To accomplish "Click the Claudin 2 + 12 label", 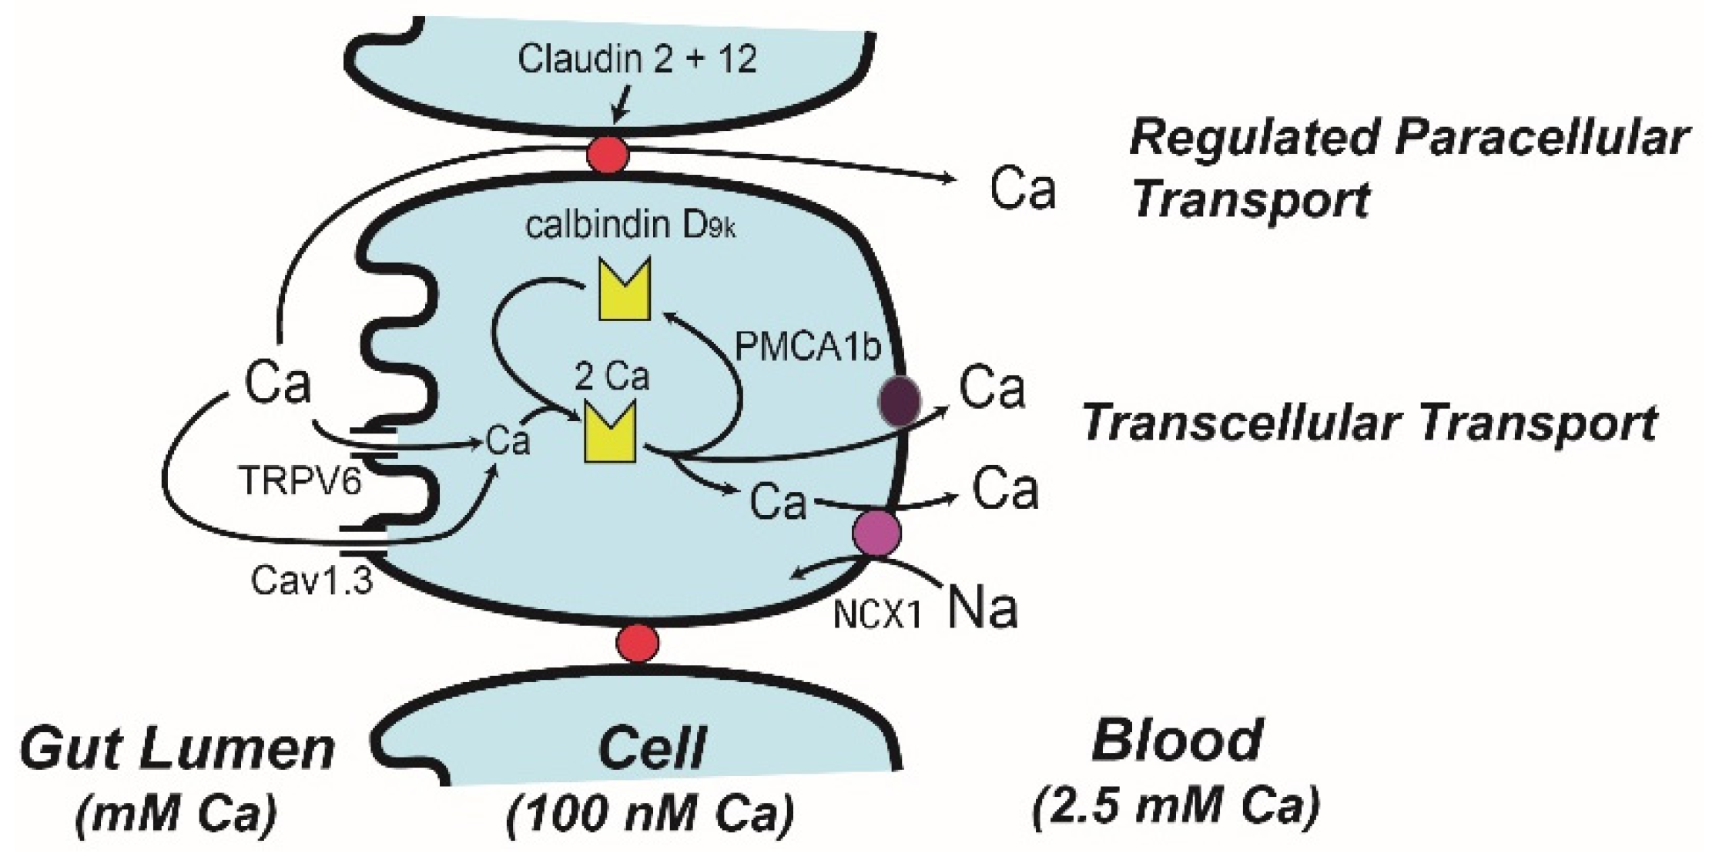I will (x=637, y=59).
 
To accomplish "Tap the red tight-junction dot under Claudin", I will (x=608, y=156).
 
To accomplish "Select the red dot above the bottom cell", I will (x=638, y=642).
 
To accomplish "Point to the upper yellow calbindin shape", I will (x=625, y=289).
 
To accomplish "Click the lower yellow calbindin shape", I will (x=610, y=433).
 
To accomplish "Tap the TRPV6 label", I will (x=300, y=482).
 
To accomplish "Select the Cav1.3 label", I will (x=312, y=580).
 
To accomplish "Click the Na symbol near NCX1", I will (x=983, y=607).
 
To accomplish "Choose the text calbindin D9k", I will (x=630, y=226).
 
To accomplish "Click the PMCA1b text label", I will (x=806, y=347).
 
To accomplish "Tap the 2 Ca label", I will (x=612, y=377).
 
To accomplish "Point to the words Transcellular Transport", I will (x=1369, y=423).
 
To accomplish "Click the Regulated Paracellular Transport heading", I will (x=1408, y=169).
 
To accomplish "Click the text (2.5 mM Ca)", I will (x=1176, y=805).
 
